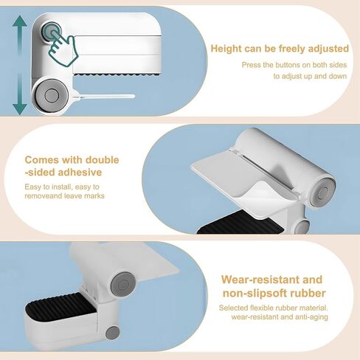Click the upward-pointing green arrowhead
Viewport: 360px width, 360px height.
20,24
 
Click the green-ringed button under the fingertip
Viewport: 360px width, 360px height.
52,32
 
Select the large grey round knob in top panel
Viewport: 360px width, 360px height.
51,95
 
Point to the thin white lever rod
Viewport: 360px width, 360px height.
103,97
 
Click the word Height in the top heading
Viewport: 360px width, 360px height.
226,49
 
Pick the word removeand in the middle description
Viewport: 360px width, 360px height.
44,196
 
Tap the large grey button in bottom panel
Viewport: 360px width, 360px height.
123,285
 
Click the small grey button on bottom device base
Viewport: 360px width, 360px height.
113,333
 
